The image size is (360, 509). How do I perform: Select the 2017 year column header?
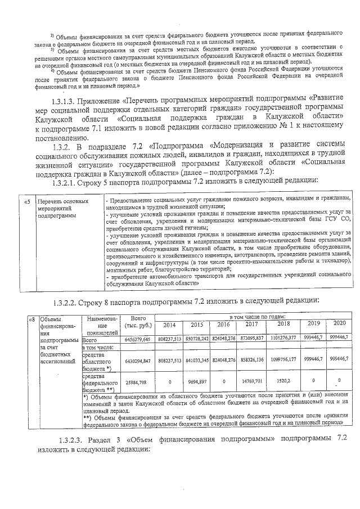click(251, 325)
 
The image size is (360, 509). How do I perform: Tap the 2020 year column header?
click(340, 323)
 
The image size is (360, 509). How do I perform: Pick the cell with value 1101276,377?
click(283, 339)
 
